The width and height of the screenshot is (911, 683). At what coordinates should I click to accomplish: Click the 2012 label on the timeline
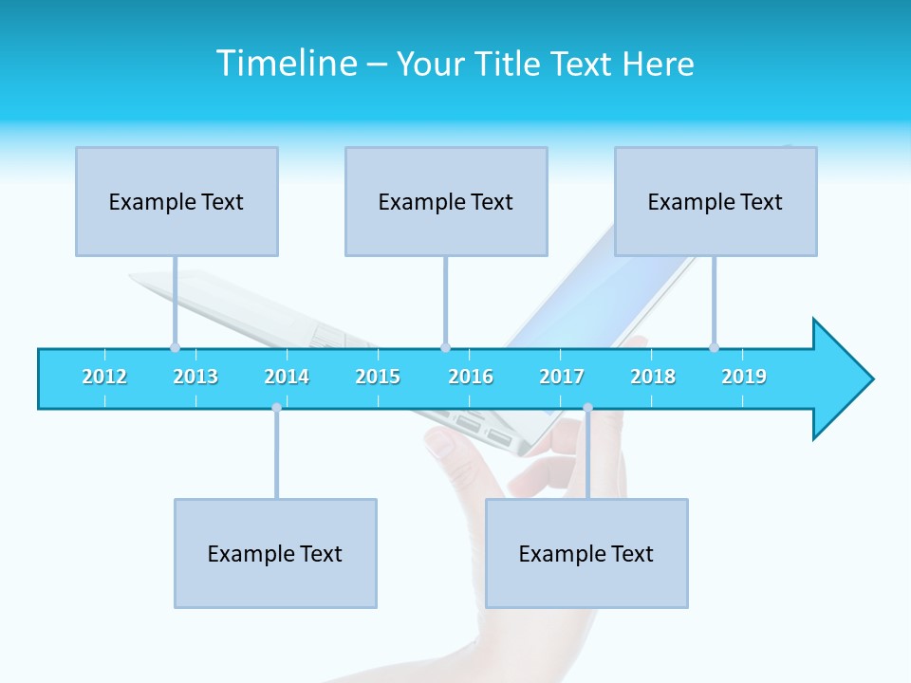coord(104,377)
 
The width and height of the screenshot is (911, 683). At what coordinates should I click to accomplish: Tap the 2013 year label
coord(195,377)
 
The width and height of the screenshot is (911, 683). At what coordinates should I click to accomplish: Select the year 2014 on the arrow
coord(287,377)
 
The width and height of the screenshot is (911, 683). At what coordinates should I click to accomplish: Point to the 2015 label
coord(378,377)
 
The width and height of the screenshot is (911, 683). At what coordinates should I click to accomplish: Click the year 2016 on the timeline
coord(471,377)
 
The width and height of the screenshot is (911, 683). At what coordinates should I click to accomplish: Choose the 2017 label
coord(562,377)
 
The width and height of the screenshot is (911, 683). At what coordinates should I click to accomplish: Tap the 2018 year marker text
coord(653,377)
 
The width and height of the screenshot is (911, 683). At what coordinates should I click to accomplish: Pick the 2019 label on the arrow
coord(744,377)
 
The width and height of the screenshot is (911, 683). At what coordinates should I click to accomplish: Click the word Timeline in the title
coord(284,64)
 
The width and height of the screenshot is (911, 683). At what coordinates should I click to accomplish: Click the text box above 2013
coord(177,201)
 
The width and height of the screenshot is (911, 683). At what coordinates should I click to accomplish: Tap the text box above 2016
coord(446,201)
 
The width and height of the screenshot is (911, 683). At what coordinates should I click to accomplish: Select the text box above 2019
coord(716,201)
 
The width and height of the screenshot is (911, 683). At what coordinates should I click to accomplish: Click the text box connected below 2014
coord(275,553)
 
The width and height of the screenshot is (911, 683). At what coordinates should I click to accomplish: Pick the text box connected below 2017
coord(586,553)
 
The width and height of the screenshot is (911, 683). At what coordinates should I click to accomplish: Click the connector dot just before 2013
coord(175,347)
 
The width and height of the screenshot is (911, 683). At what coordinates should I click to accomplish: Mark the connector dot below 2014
coord(276,407)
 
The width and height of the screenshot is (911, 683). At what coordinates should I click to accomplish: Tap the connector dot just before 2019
coord(714,347)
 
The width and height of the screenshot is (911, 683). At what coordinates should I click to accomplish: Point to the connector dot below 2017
coord(587,407)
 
